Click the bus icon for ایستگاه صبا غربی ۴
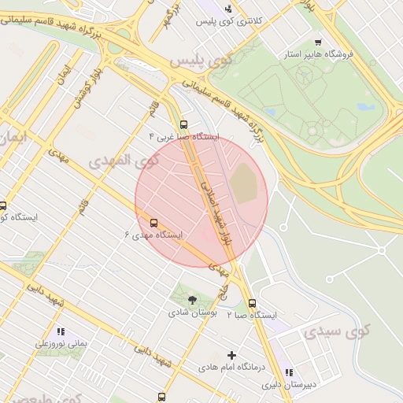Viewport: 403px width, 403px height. tap(183, 124)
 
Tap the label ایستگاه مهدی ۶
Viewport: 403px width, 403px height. tap(154, 235)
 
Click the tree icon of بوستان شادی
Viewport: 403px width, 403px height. tap(192, 299)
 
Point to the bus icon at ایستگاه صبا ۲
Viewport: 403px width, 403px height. tap(252, 303)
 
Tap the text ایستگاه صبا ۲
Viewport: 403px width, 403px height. tap(253, 315)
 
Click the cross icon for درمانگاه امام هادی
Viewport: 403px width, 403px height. tap(231, 355)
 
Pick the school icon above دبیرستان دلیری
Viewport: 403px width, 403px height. tap(289, 372)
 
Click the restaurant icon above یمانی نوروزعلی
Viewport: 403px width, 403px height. tap(61, 332)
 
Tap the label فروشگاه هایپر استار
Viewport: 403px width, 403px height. tap(320, 54)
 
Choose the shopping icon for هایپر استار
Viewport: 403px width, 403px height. tap(317, 43)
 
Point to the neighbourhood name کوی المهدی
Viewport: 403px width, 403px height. tap(124, 161)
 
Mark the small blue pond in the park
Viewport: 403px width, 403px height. tap(364, 106)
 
